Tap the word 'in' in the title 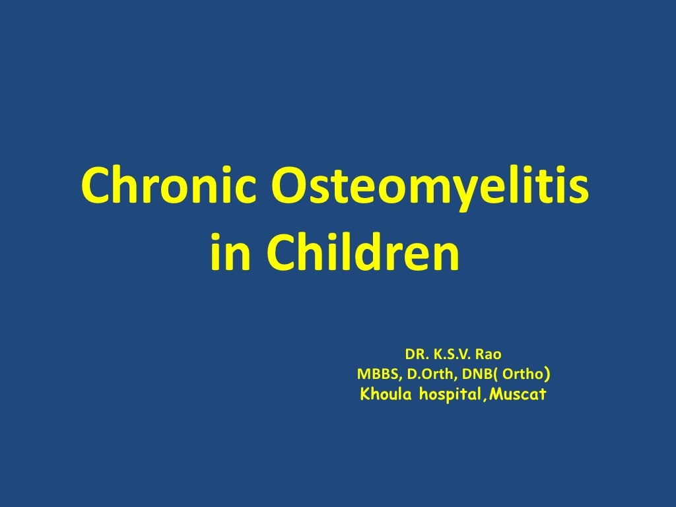pos(228,255)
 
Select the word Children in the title pos(362,255)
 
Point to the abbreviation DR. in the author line pos(415,355)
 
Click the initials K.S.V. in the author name pos(453,355)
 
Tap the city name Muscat pos(519,395)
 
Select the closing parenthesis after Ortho pos(549,375)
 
